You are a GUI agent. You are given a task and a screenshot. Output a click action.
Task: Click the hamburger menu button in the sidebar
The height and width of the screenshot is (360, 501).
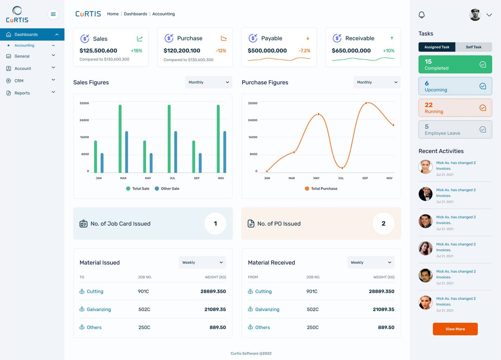click(x=53, y=14)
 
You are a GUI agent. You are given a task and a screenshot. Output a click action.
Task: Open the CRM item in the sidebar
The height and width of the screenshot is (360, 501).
click(x=19, y=81)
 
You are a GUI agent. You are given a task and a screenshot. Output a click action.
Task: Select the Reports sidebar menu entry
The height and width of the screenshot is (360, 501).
click(x=22, y=93)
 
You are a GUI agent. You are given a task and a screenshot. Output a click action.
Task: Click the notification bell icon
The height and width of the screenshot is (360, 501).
click(x=422, y=15)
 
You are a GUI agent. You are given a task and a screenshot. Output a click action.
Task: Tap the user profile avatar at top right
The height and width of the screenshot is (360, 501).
click(x=475, y=15)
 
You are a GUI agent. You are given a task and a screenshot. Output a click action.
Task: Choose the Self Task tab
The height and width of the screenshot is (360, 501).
click(x=473, y=47)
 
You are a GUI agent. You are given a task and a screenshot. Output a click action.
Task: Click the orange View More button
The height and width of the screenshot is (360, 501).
click(x=455, y=329)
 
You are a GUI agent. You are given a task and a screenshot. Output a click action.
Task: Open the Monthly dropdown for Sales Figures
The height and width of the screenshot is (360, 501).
click(x=208, y=82)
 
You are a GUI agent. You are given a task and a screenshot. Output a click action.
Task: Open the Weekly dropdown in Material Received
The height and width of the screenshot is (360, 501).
click(x=371, y=263)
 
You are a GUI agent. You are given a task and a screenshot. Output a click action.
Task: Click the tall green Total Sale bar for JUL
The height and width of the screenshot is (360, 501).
click(x=169, y=139)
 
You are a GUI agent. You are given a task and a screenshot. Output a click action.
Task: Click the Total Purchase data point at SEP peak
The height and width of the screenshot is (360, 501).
click(x=366, y=103)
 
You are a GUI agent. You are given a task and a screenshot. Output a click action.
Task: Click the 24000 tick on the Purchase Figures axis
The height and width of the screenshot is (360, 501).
click(x=253, y=120)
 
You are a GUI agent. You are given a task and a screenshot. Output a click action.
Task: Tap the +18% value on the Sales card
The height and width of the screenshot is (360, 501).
click(x=136, y=51)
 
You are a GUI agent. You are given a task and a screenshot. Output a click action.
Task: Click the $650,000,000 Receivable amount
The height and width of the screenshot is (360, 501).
click(x=351, y=51)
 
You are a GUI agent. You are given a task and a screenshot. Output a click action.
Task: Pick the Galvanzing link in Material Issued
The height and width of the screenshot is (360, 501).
click(x=99, y=309)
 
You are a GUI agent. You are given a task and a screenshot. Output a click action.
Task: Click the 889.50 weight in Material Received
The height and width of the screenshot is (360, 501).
click(x=386, y=327)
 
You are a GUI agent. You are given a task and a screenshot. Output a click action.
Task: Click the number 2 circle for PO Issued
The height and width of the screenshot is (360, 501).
click(x=383, y=224)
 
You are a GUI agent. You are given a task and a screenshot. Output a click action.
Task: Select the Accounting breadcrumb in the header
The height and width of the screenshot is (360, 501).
click(x=163, y=14)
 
